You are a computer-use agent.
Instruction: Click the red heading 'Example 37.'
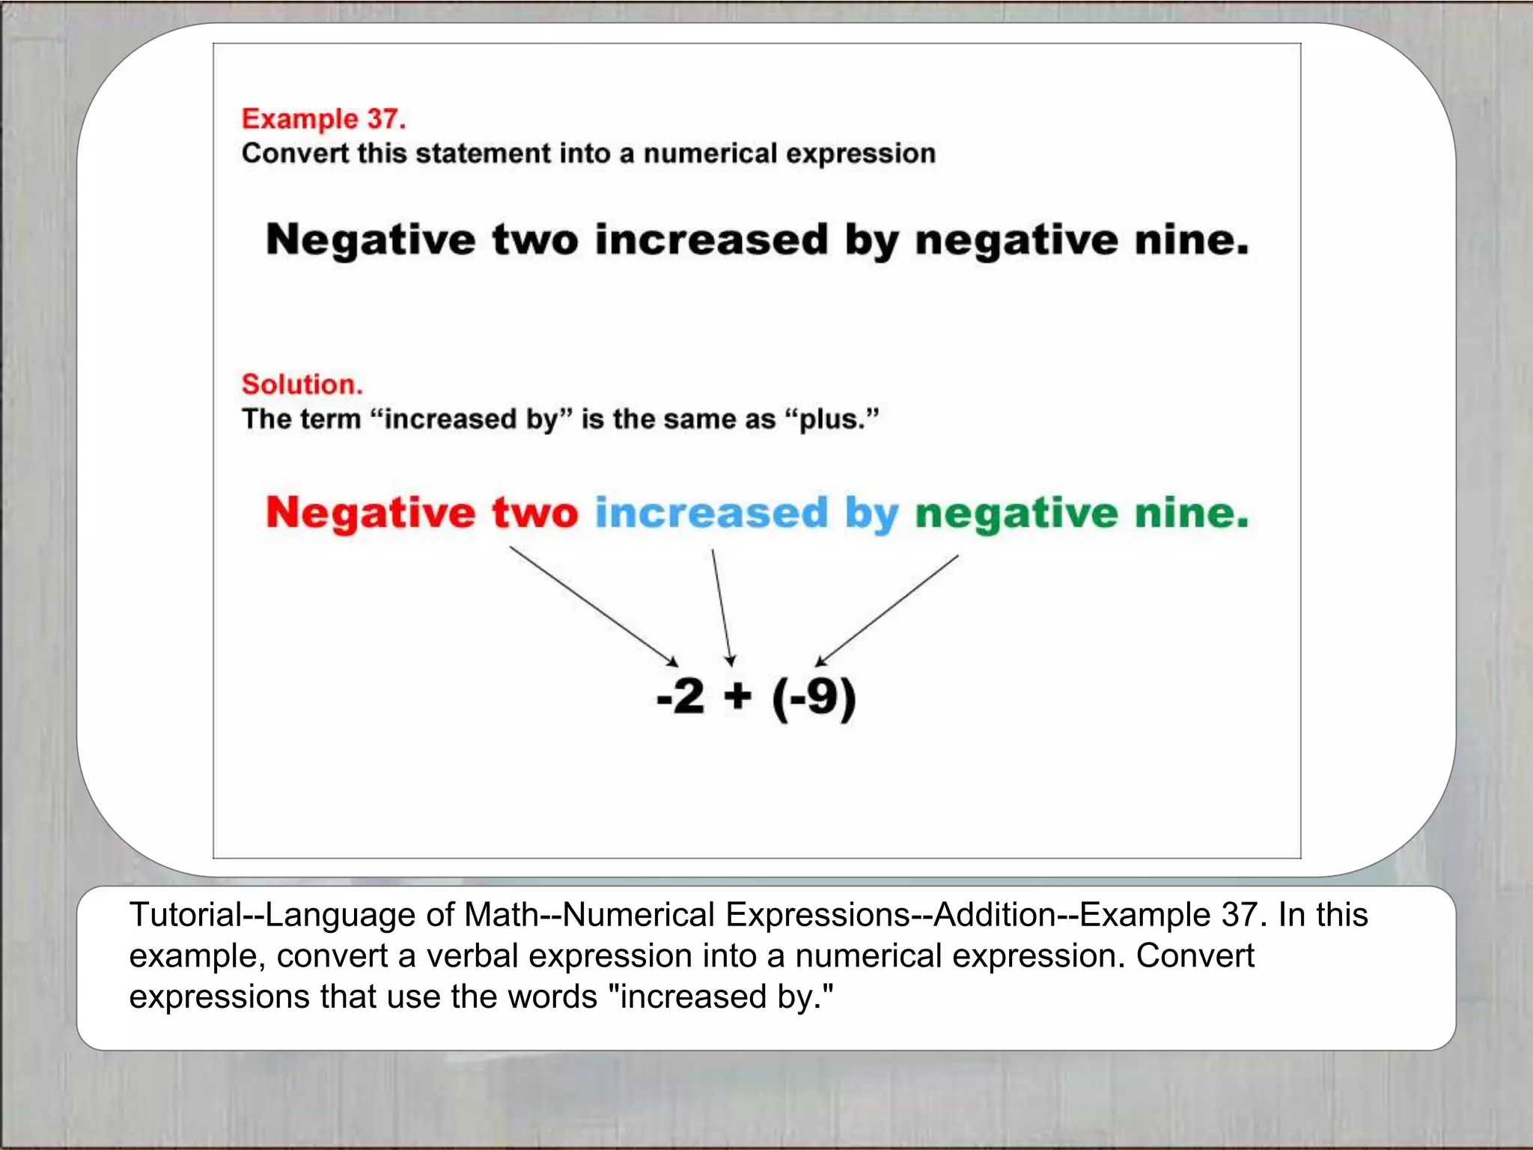(323, 119)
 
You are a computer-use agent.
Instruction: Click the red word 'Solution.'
(302, 384)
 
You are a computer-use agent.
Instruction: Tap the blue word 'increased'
(711, 514)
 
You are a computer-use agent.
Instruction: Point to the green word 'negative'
(1017, 515)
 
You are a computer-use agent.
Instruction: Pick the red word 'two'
(534, 514)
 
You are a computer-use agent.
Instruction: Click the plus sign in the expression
(737, 696)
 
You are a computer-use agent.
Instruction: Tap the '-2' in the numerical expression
(680, 696)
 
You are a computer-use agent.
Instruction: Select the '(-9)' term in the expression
(814, 698)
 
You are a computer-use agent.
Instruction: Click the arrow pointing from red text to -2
(593, 605)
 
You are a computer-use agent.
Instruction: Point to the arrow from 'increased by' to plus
(722, 606)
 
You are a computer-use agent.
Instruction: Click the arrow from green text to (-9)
(888, 609)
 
